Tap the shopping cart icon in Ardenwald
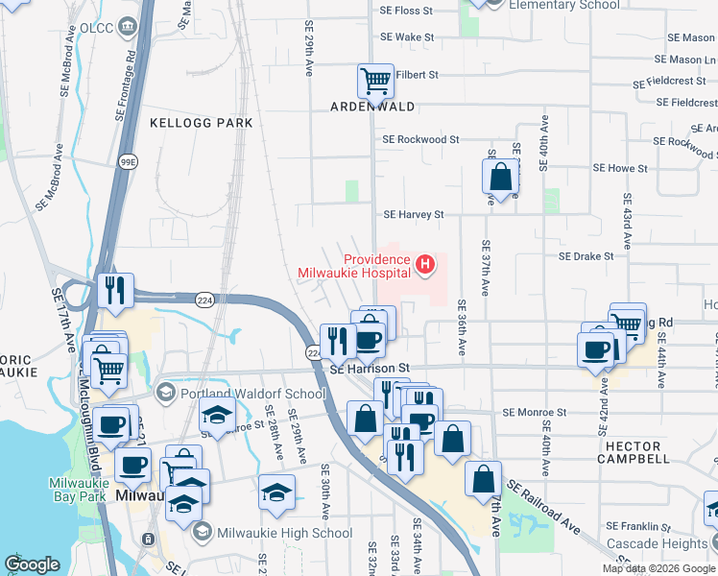(374, 80)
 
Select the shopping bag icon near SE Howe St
(500, 177)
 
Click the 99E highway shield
(127, 162)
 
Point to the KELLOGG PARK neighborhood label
(202, 123)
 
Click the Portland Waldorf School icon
(166, 393)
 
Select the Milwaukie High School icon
(202, 531)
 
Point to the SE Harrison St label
(370, 369)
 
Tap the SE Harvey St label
(414, 215)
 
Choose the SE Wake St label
(408, 37)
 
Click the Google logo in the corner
(32, 564)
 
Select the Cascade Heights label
(658, 543)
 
